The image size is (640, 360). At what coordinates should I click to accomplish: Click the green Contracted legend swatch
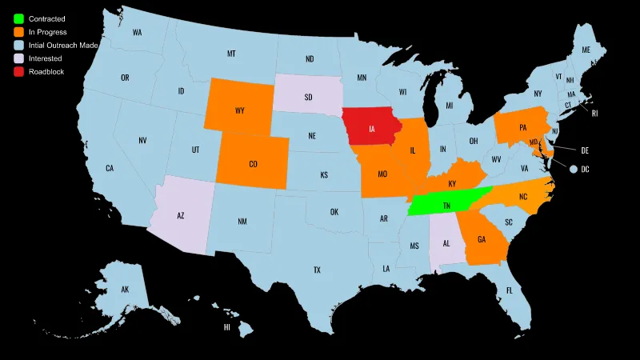(18, 18)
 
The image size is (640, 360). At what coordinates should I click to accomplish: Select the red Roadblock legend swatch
(18, 72)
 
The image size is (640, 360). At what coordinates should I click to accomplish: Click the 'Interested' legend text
(45, 58)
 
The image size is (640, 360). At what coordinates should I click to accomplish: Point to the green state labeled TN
(446, 206)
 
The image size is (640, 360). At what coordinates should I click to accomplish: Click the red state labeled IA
(372, 128)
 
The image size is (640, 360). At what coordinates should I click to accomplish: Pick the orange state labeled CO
(253, 164)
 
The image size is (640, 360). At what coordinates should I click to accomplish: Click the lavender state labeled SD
(308, 97)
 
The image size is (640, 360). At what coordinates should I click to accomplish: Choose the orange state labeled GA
(481, 239)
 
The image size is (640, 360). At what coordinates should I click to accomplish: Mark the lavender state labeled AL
(445, 242)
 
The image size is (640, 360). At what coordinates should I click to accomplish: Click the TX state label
(317, 270)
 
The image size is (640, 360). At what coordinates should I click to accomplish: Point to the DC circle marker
(574, 169)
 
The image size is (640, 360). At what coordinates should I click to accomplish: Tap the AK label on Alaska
(125, 289)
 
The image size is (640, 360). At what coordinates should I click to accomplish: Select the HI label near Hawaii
(227, 327)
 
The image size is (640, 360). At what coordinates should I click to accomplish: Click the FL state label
(509, 290)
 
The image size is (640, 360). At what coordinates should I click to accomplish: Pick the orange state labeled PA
(523, 127)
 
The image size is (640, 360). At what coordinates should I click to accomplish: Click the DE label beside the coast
(585, 150)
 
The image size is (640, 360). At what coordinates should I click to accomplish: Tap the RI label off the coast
(594, 114)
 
